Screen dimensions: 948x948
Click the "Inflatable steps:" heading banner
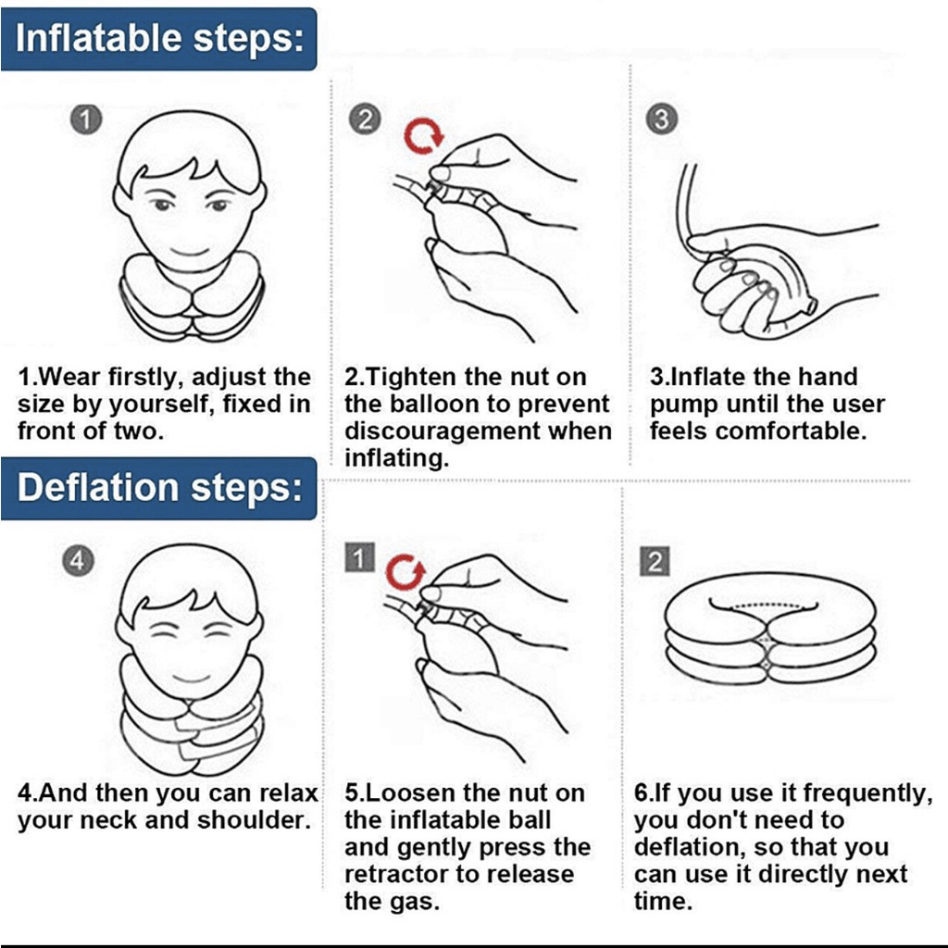(158, 39)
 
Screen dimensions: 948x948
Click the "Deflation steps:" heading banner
(158, 489)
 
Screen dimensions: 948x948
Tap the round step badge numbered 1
(86, 119)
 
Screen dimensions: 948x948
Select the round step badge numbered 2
(365, 119)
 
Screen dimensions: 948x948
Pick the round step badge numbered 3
(661, 119)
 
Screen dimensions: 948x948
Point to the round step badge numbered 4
(79, 561)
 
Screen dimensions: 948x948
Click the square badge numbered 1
(360, 557)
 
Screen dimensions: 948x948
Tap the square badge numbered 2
(655, 562)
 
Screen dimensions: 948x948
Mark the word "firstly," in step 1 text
(145, 378)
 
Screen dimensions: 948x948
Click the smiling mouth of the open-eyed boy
(190, 250)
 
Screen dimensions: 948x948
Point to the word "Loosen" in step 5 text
(409, 793)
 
